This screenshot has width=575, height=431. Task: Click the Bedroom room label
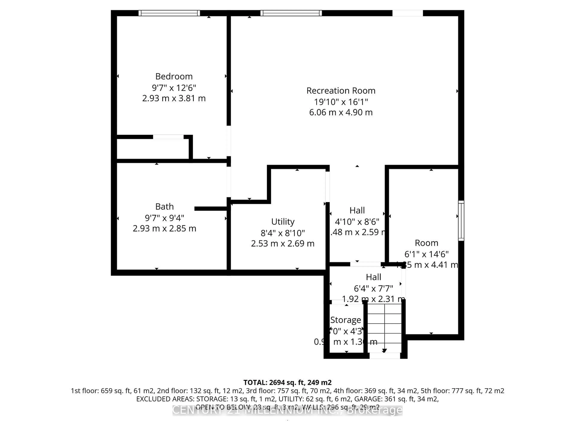[x=174, y=76]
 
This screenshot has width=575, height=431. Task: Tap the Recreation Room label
[x=341, y=91]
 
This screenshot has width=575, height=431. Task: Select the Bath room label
[x=164, y=207]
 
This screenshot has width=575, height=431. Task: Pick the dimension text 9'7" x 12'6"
[x=174, y=88]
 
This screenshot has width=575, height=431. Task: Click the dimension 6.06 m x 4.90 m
[x=341, y=112]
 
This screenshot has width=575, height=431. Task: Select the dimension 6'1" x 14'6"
[x=426, y=254]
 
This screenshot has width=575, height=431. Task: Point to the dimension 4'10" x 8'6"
[x=357, y=222]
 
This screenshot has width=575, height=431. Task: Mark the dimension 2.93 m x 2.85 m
[x=164, y=228]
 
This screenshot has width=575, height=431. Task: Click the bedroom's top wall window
[x=169, y=13]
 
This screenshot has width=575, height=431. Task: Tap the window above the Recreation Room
[x=291, y=13]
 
